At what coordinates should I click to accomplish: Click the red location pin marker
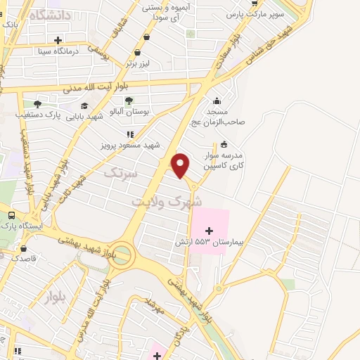(x=181, y=165)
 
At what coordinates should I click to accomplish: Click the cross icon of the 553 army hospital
(x=209, y=230)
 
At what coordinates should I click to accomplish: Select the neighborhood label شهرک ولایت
(x=162, y=199)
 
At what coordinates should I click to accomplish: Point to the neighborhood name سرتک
(x=117, y=172)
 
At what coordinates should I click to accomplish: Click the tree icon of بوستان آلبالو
(x=129, y=101)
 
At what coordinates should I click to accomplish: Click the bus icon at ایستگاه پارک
(x=11, y=216)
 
